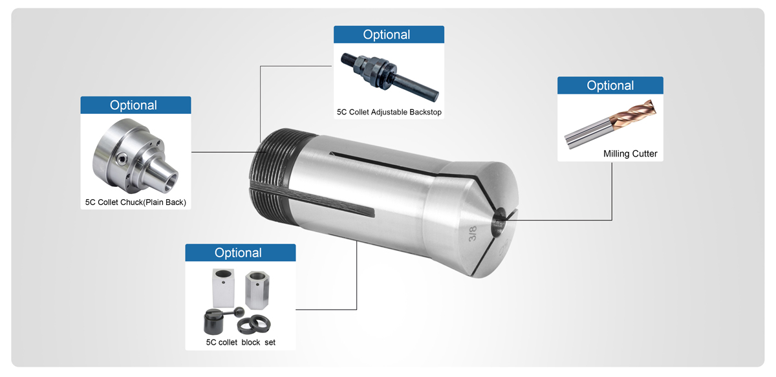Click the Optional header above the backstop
coord(388,35)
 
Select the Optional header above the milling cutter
coord(610,86)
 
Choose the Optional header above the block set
coord(240,253)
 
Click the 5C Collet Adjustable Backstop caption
coord(389,113)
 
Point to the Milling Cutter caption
coord(630,154)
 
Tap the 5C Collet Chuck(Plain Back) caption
coord(136,202)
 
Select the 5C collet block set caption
coord(241,342)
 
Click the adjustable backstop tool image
coord(389,74)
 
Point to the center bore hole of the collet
coord(499,222)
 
